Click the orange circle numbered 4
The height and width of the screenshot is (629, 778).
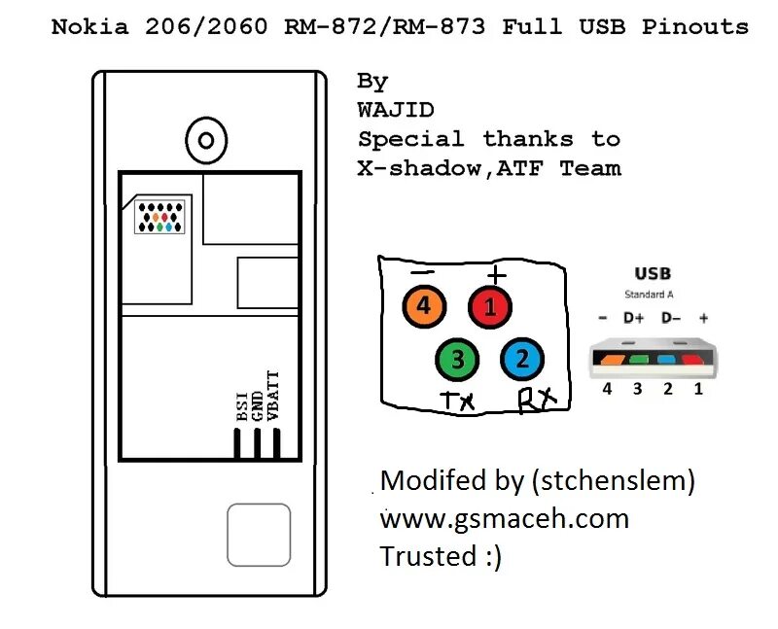tap(424, 308)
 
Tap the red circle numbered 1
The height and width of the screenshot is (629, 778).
tap(490, 308)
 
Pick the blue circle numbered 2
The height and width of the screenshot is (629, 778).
tap(522, 360)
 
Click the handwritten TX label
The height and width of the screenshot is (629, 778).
tap(458, 400)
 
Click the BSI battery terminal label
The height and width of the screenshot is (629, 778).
tap(240, 404)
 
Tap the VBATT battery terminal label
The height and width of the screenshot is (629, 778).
tap(273, 395)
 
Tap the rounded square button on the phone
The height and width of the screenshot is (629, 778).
tap(259, 535)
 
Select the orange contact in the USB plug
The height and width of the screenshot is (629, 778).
tap(612, 359)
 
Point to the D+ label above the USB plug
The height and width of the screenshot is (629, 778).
tap(635, 318)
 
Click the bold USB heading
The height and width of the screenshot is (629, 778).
tap(653, 274)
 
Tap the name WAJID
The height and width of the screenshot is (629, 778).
tap(396, 110)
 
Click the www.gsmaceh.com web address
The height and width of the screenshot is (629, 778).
tap(504, 518)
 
